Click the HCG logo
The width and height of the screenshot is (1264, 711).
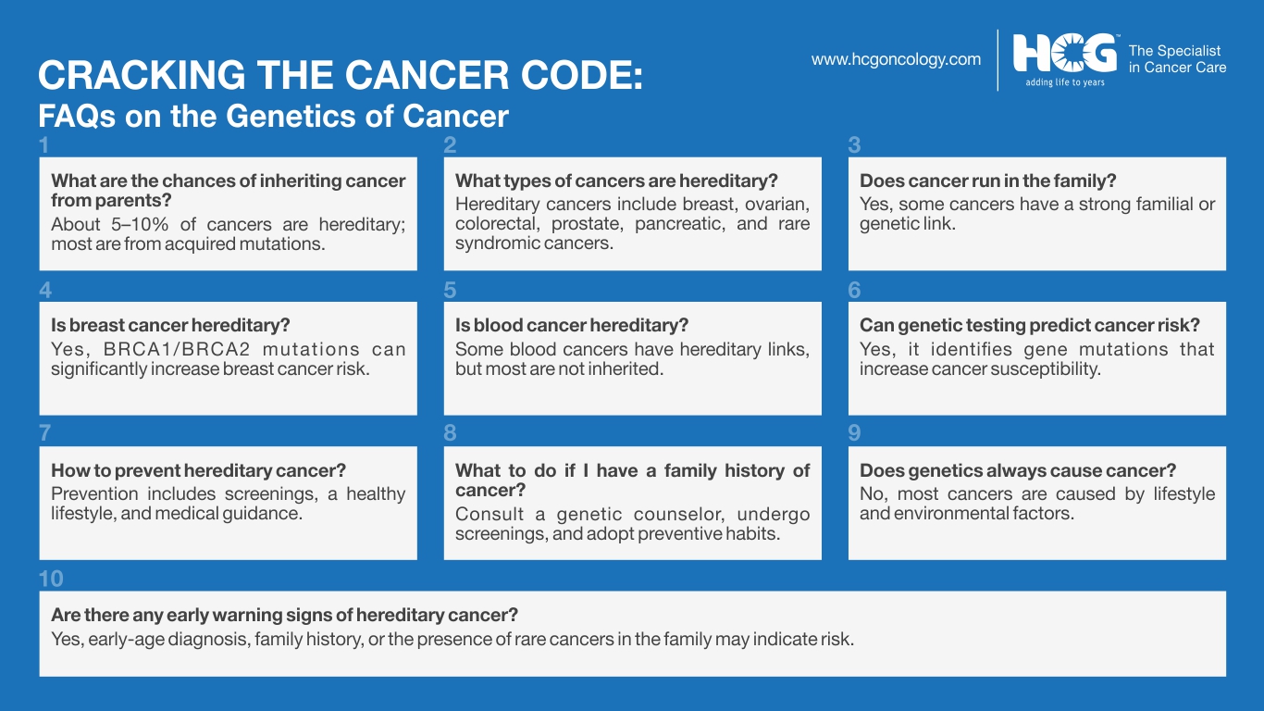(x=1065, y=53)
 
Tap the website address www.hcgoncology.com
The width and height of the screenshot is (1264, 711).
(x=896, y=59)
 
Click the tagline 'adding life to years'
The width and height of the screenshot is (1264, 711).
(x=1065, y=82)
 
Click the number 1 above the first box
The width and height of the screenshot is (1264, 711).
(x=43, y=145)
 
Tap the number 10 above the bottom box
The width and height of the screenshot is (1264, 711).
(x=51, y=579)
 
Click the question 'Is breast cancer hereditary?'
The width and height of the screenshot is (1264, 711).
(x=170, y=325)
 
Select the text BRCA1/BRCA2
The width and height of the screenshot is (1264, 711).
(x=177, y=349)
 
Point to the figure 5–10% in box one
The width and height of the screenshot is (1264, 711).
(x=140, y=224)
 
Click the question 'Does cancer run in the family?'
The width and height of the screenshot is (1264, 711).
(x=988, y=181)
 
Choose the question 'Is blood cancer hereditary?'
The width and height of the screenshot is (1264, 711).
(x=572, y=325)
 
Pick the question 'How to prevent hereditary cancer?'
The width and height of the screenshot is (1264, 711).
(x=199, y=470)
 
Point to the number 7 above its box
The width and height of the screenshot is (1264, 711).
(x=44, y=433)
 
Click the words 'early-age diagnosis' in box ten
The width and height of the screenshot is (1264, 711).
(x=168, y=640)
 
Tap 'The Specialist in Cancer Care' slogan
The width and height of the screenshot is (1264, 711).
(x=1177, y=59)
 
